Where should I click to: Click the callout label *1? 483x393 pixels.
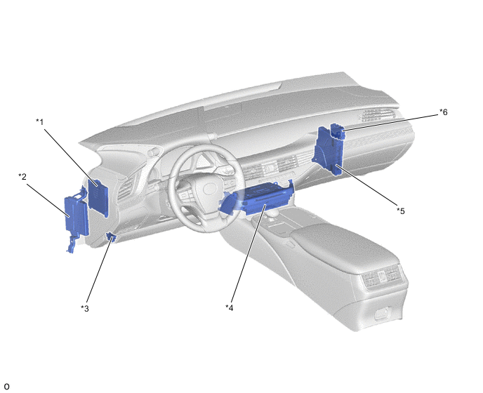40,122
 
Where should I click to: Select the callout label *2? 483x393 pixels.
22,177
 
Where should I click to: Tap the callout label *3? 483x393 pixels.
85,308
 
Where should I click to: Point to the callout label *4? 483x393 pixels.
230,307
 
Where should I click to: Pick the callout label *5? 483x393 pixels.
400,211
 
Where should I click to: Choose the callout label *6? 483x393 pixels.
443,112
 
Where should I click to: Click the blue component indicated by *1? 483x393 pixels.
98,197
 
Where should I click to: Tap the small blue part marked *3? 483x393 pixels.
111,237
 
